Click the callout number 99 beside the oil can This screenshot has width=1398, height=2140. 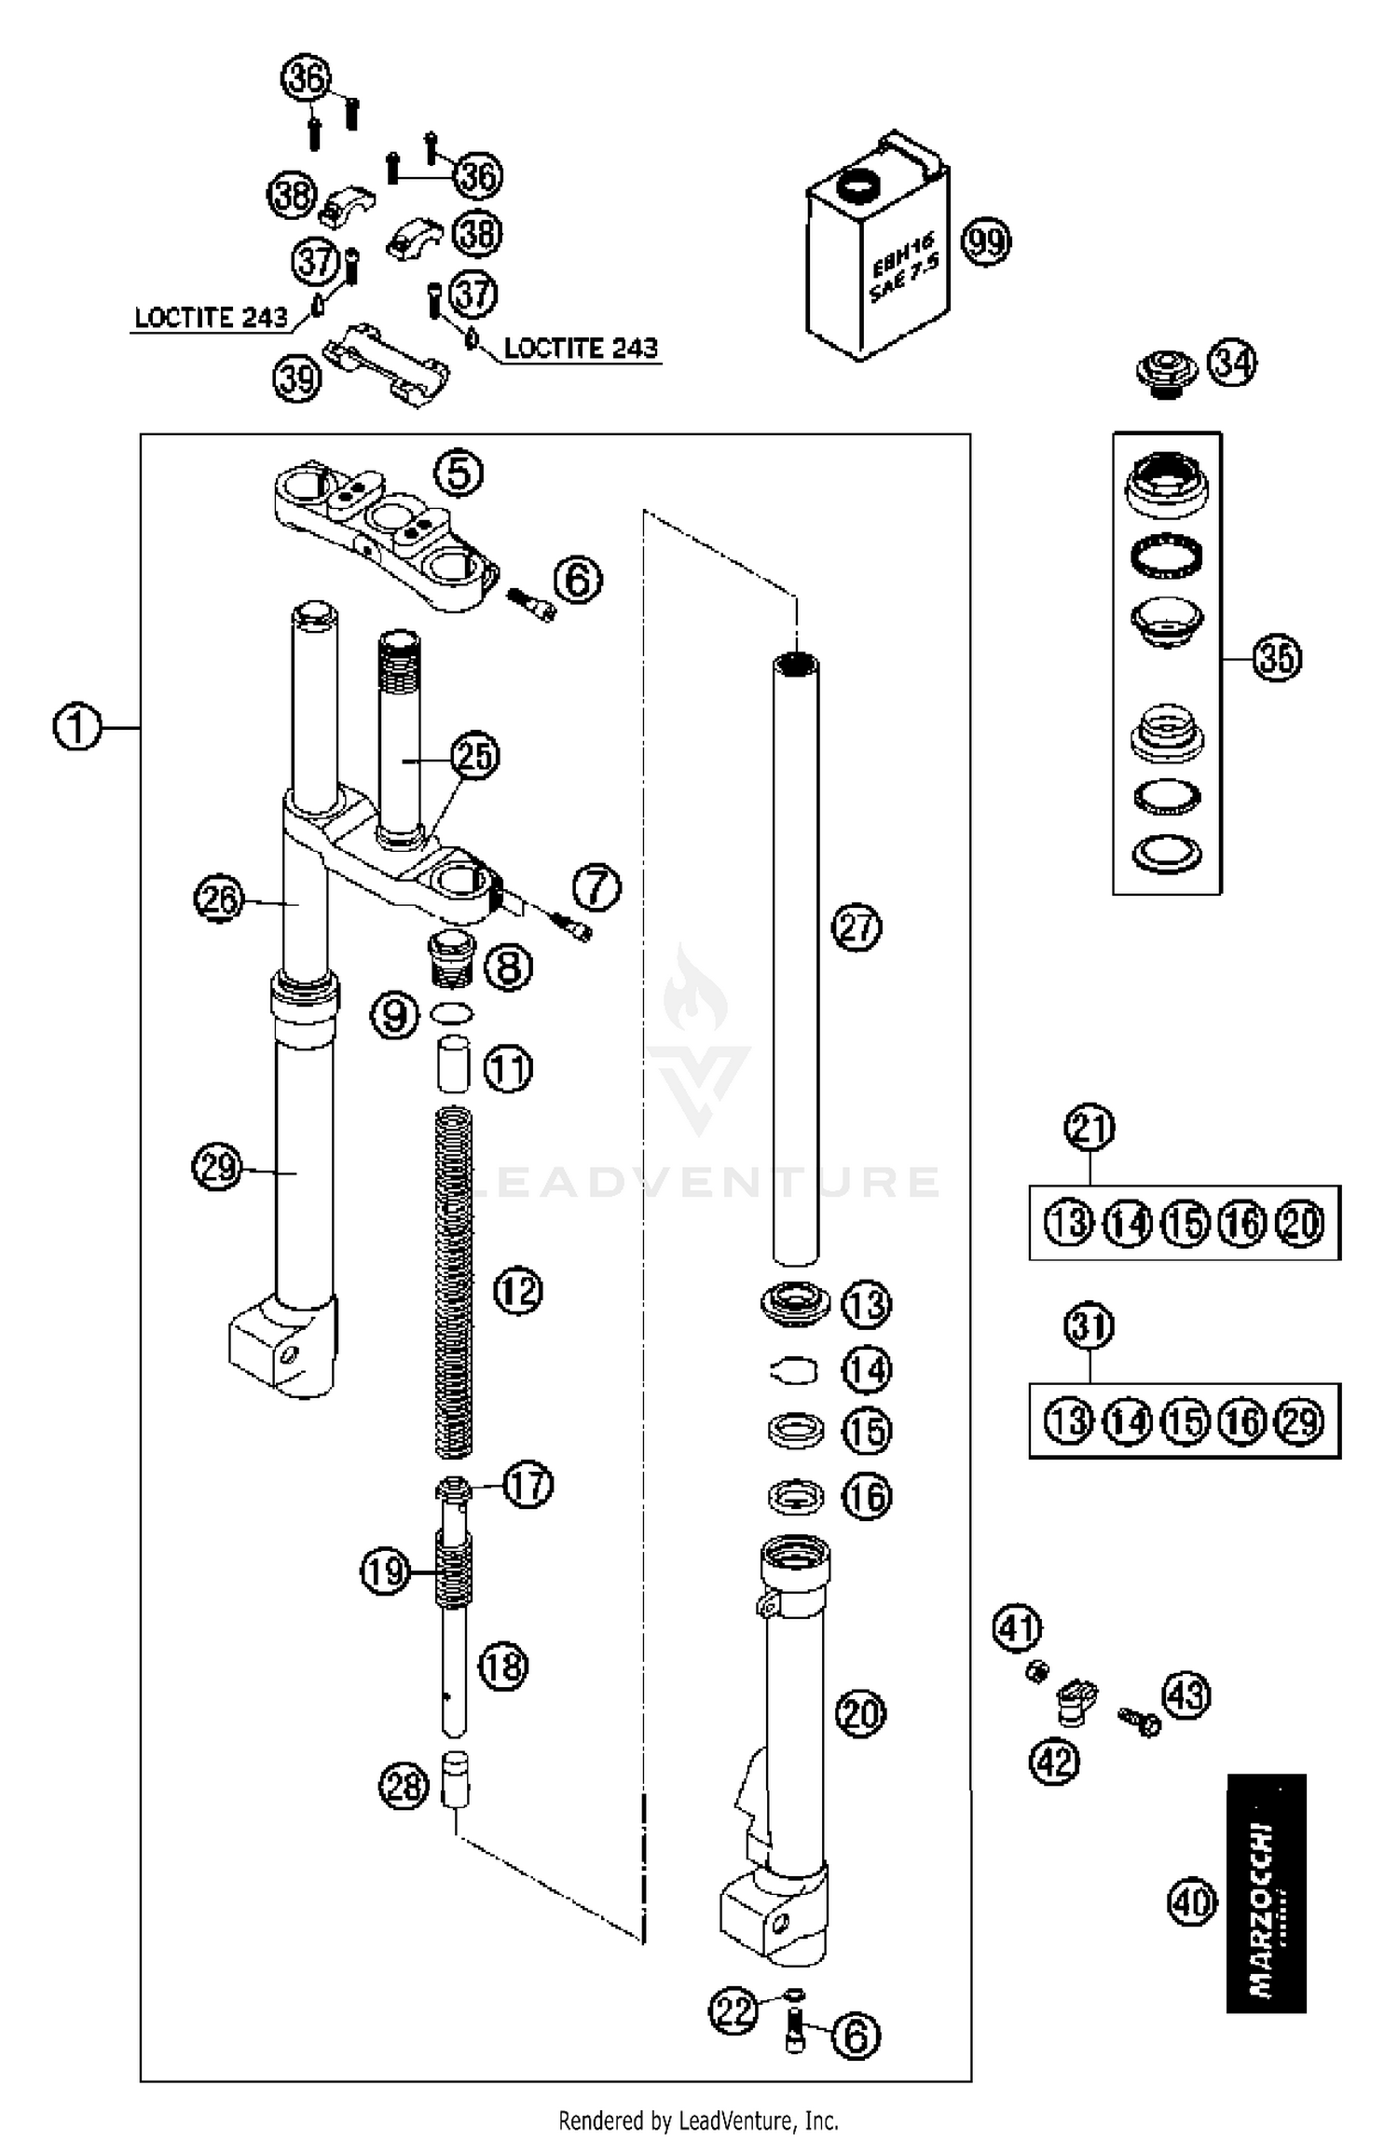pyautogui.click(x=986, y=242)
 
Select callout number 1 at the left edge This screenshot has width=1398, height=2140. pyautogui.click(x=76, y=726)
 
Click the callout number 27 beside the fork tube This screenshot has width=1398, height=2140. pyautogui.click(x=857, y=927)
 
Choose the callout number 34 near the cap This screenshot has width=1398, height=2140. pyautogui.click(x=1232, y=363)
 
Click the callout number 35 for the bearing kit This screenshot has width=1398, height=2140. pyautogui.click(x=1276, y=658)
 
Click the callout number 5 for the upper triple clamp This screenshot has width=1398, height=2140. pyautogui.click(x=459, y=473)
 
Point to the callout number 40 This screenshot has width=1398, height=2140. pyautogui.click(x=1192, y=1901)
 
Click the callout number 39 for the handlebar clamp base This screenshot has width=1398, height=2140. pyautogui.click(x=296, y=378)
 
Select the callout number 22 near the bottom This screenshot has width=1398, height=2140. pyautogui.click(x=733, y=2010)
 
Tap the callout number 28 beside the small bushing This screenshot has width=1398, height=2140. pyautogui.click(x=403, y=1787)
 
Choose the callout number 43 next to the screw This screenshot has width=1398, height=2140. pyautogui.click(x=1186, y=1694)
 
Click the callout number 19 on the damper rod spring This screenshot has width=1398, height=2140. pyautogui.click(x=385, y=1571)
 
